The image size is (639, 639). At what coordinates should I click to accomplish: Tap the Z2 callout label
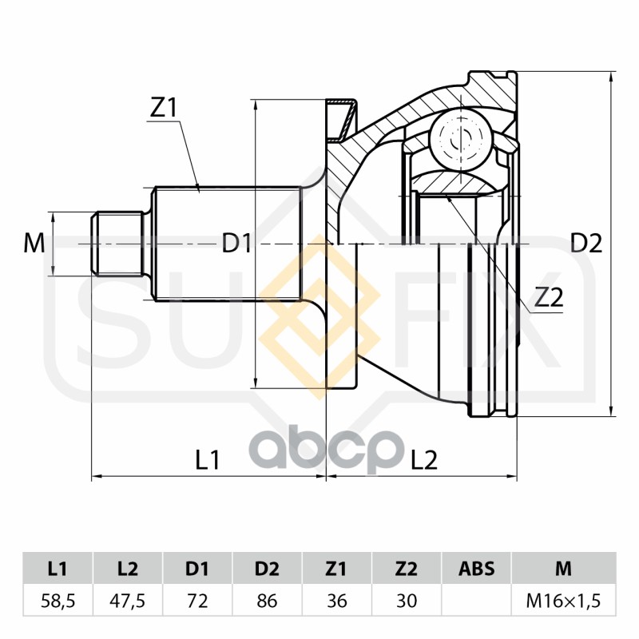coord(549,298)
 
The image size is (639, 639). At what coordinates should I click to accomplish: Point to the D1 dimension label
coord(237,243)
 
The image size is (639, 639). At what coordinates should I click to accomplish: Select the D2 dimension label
coord(585,243)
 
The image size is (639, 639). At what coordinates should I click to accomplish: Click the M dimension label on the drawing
coord(34,243)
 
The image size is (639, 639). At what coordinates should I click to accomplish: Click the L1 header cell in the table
coord(58,570)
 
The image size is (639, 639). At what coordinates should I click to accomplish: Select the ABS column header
coord(476,570)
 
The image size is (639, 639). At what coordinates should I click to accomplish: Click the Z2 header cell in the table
coord(407,570)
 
